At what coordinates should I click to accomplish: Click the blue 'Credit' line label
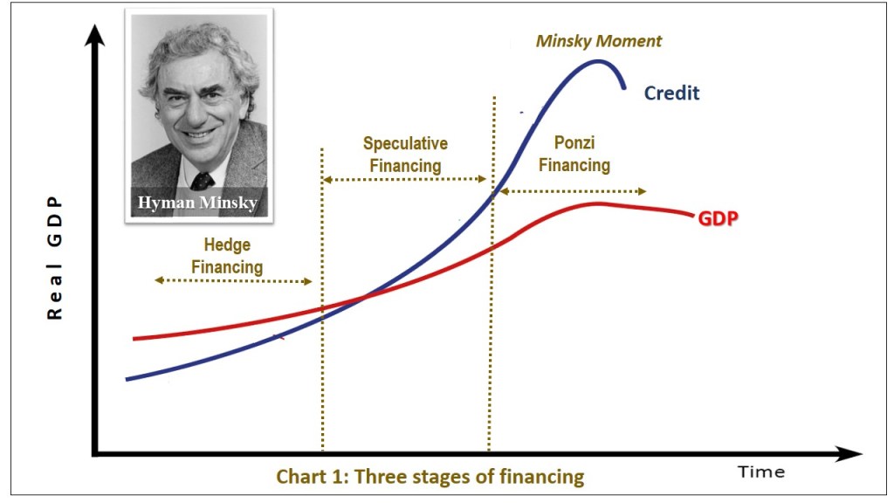[x=671, y=93]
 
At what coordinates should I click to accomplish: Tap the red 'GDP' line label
[x=719, y=218]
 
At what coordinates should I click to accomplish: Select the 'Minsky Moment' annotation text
[x=599, y=41]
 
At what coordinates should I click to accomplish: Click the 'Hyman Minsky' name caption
[x=197, y=203]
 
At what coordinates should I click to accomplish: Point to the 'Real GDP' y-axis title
[x=55, y=258]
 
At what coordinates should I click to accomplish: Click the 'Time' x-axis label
[x=761, y=472]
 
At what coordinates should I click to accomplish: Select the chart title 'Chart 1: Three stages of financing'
[x=430, y=476]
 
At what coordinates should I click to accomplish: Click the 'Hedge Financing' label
[x=227, y=256]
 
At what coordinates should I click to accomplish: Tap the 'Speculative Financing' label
[x=405, y=155]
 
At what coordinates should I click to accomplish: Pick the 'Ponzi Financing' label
[x=574, y=154]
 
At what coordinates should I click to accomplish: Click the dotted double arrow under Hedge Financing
[x=234, y=280]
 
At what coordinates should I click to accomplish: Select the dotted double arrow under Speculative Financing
[x=405, y=179]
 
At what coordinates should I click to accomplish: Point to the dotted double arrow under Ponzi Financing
[x=573, y=191]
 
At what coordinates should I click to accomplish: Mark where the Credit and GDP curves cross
[x=365, y=296]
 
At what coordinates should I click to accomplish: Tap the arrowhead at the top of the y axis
[x=94, y=35]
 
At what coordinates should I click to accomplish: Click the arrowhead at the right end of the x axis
[x=849, y=454]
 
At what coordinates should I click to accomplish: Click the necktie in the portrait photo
[x=203, y=181]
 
